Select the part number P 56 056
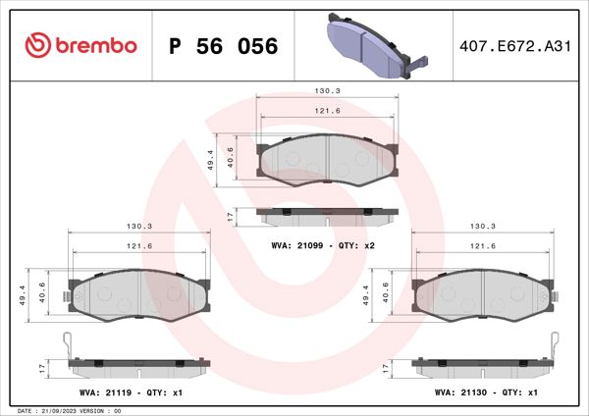pyautogui.click(x=224, y=46)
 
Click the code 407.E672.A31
pyautogui.click(x=515, y=46)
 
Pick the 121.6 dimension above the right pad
pyautogui.click(x=482, y=246)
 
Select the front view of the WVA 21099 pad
pyautogui.click(x=327, y=159)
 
